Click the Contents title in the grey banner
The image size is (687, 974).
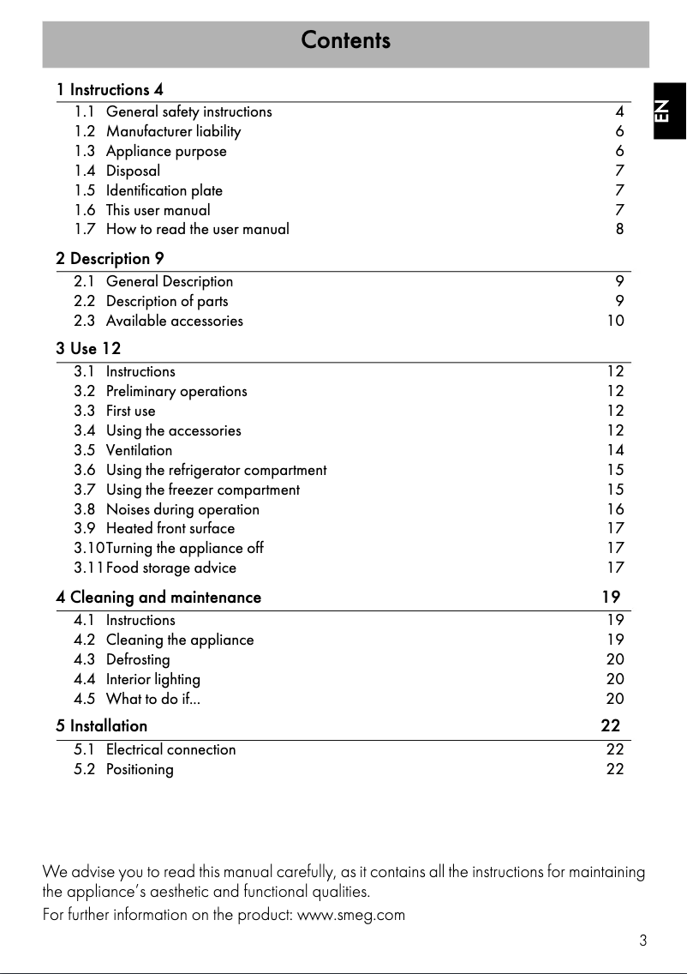coord(345,41)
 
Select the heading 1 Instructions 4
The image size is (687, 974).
coord(110,90)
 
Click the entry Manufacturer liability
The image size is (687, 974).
coord(173,131)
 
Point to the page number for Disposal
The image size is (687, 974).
coord(619,171)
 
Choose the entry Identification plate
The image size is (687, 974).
coord(164,190)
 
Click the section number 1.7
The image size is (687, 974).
coord(85,229)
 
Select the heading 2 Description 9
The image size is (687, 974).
coord(110,259)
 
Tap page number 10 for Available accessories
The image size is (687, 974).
coord(615,321)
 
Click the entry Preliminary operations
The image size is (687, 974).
coord(176,391)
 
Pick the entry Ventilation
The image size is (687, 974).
coord(139,450)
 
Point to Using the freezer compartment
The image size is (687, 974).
coord(203,490)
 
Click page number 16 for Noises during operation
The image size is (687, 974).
coord(615,509)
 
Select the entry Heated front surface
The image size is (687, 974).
coord(170,528)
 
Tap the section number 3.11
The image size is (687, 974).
coord(88,568)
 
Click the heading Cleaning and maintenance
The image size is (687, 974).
coord(165,598)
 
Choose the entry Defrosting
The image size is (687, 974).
coord(138,659)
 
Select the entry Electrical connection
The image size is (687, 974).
coord(170,749)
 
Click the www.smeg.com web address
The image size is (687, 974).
coord(350,915)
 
